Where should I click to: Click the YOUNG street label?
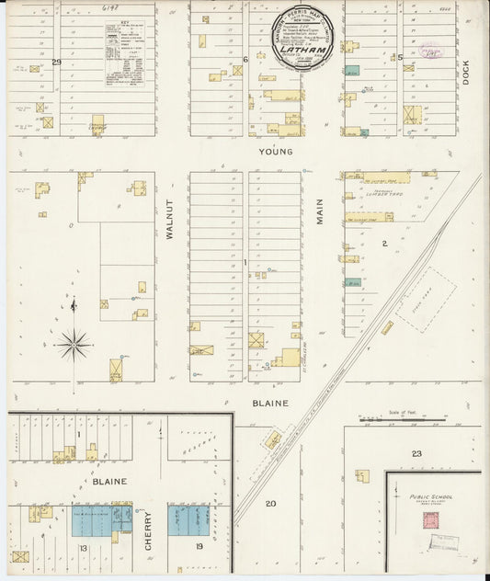click(275, 152)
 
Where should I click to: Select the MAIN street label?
click(321, 213)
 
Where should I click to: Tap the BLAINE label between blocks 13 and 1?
click(108, 481)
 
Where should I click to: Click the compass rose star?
click(73, 344)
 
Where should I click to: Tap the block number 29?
click(56, 63)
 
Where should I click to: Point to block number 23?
click(416, 453)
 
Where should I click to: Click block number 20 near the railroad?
click(271, 503)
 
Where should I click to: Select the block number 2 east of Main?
click(384, 244)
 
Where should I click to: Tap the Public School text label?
click(430, 496)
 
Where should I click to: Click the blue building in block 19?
click(188, 520)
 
